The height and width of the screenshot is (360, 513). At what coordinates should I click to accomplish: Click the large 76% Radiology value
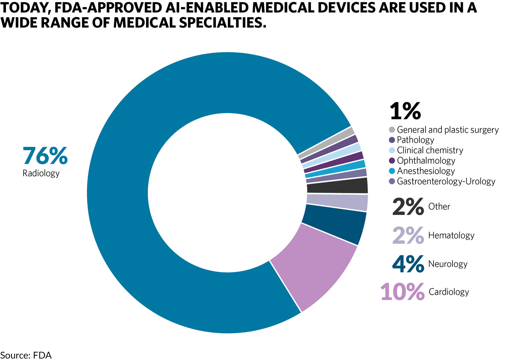coord(45,156)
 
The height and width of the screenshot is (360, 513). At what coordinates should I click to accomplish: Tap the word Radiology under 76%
coord(41,173)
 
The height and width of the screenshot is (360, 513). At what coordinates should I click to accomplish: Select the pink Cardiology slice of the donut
coord(314,267)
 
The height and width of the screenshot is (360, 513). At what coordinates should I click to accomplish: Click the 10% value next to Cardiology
coord(402,292)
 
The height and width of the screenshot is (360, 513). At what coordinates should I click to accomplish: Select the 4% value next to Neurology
coord(408,264)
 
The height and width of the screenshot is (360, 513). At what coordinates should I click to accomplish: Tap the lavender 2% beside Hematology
coord(408,235)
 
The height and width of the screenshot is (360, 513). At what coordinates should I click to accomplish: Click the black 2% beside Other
coord(408,206)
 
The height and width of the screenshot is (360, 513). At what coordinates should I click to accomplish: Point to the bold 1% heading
coord(405,111)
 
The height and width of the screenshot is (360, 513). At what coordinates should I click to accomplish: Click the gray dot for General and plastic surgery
coord(392,130)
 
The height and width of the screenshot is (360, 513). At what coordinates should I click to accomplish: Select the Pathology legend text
coord(415,140)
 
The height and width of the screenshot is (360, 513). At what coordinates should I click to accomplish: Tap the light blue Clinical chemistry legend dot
coord(392,150)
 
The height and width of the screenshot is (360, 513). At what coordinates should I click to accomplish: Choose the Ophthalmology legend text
coord(426,160)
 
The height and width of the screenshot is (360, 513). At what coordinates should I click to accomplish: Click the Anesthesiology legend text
coord(426,171)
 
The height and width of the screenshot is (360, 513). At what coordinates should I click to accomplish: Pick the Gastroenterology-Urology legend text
coord(446,181)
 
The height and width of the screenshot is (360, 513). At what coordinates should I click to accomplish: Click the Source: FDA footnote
coord(26,355)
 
